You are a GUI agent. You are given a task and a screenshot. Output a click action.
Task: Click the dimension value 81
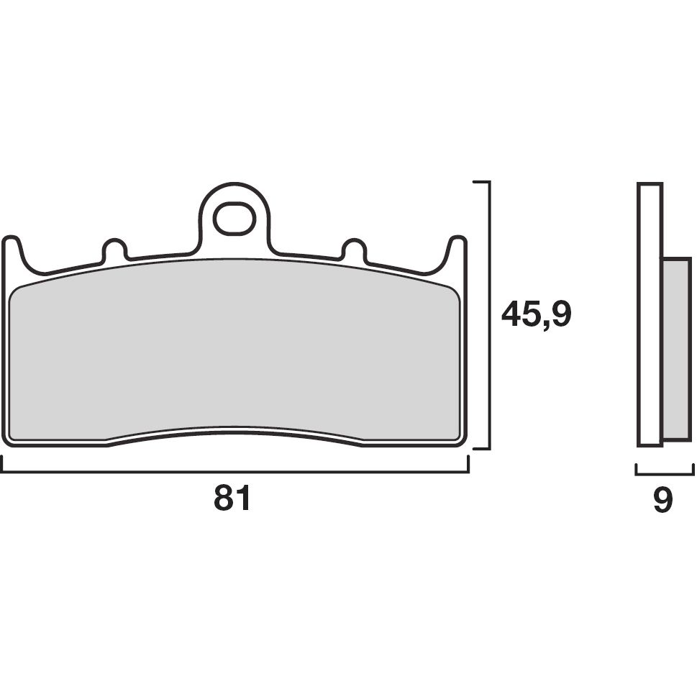click(x=232, y=498)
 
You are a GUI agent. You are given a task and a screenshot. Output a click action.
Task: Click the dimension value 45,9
click(x=536, y=315)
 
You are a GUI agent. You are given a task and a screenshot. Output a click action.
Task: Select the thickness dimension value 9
click(x=662, y=501)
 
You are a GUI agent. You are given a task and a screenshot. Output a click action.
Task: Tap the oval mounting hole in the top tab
click(x=233, y=219)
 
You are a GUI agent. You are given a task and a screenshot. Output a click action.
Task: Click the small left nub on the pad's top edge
click(x=114, y=249)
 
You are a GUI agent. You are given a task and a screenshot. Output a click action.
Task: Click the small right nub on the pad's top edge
click(x=352, y=249)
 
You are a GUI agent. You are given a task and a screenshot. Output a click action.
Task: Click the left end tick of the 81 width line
click(x=2, y=466)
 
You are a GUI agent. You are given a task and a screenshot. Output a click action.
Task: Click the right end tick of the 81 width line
click(x=468, y=466)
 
